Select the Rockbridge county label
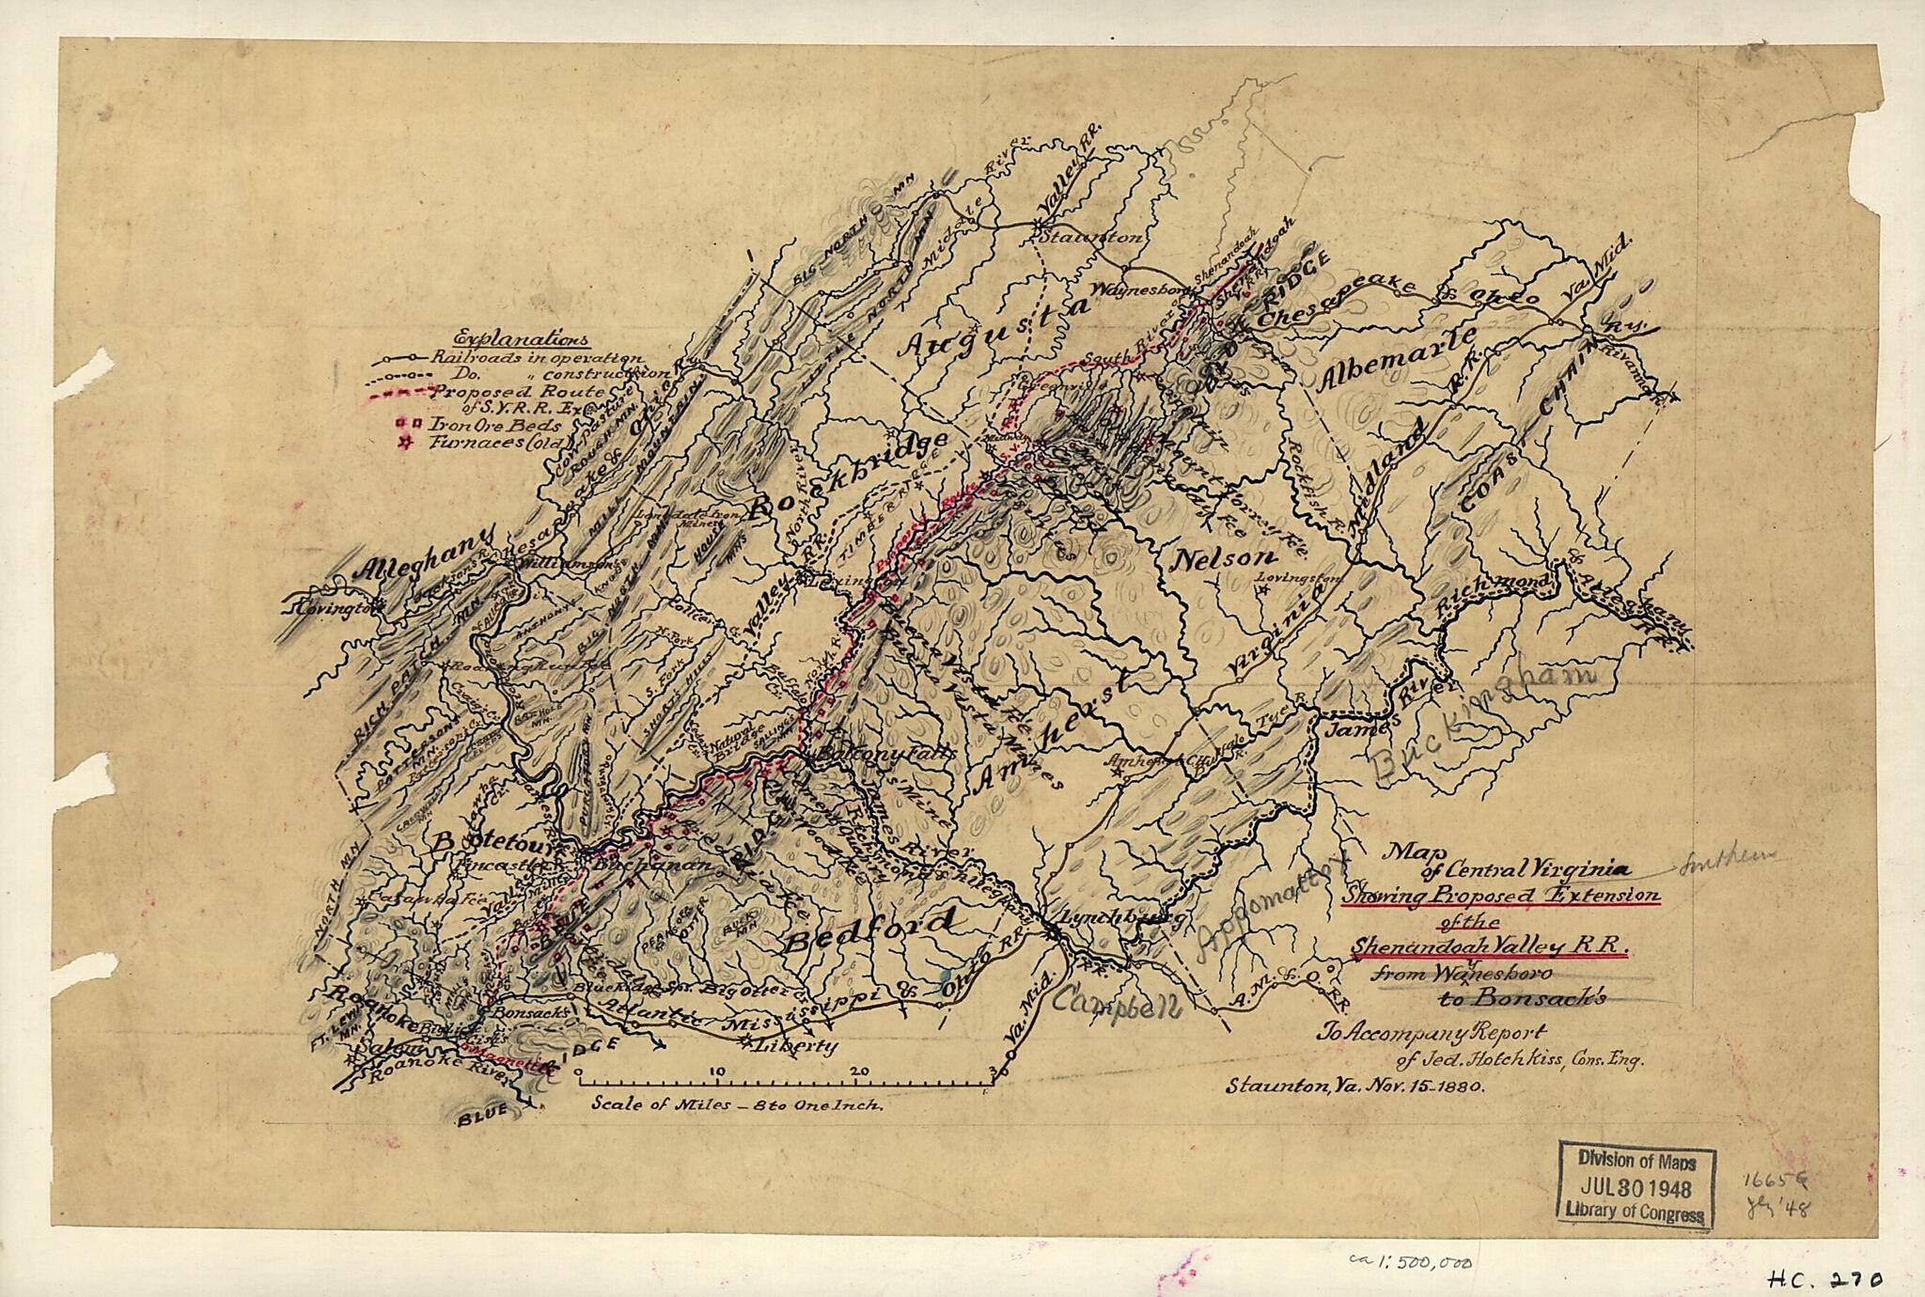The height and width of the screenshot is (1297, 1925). point(860,479)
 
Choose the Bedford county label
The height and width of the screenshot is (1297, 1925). point(869,933)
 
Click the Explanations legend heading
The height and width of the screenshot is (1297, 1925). point(521,339)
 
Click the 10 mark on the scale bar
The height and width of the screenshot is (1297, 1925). point(718,1070)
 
